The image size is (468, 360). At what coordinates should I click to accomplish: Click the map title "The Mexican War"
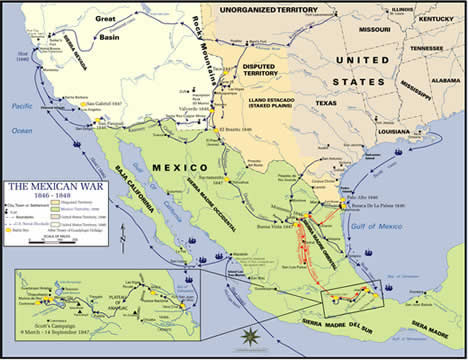point(47,187)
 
